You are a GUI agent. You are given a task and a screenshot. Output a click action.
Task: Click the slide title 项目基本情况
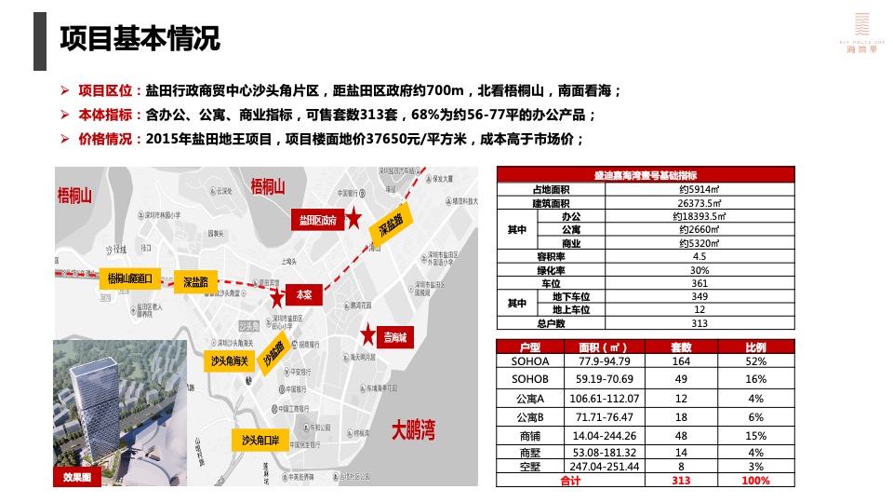[x=140, y=39]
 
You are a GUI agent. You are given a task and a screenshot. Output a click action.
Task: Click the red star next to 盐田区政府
[x=354, y=219]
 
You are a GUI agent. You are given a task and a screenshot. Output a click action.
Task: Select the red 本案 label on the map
[x=304, y=293]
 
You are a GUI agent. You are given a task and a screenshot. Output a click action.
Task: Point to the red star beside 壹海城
[x=369, y=333]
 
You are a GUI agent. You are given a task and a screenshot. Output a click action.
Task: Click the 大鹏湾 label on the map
[x=413, y=431]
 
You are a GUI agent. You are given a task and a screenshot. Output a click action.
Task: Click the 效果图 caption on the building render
[x=76, y=477]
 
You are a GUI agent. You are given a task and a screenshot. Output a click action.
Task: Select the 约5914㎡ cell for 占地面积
[x=700, y=189]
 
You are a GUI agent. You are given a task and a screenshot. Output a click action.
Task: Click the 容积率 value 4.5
[x=700, y=256]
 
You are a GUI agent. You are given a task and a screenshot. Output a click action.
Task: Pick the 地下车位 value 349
[x=700, y=296]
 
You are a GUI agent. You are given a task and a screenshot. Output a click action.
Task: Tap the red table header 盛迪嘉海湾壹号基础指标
[x=646, y=175]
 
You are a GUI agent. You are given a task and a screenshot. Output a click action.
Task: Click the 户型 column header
[x=530, y=347]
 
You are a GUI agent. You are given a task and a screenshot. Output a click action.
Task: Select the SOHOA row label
[x=530, y=361]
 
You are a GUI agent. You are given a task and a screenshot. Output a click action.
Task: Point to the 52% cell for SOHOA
[x=755, y=361]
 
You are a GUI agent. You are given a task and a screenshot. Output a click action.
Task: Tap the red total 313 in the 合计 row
[x=681, y=480]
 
